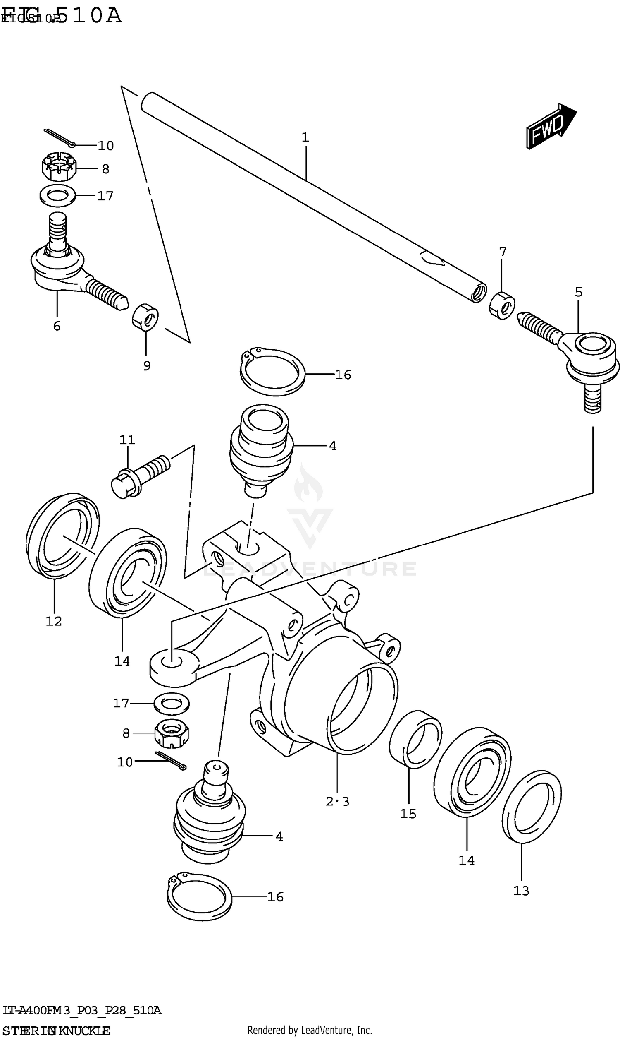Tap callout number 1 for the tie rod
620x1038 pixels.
(305, 137)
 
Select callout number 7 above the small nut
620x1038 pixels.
(503, 252)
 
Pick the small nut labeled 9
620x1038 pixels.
(145, 317)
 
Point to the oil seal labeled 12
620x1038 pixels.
(62, 536)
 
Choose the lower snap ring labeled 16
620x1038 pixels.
(199, 897)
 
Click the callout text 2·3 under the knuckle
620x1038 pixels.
(337, 801)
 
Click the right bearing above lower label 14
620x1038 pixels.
(472, 771)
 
